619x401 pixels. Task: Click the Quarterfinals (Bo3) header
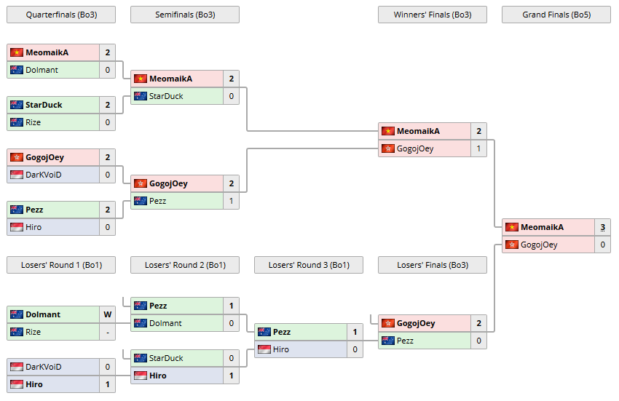(60, 15)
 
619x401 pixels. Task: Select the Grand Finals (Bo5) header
(556, 15)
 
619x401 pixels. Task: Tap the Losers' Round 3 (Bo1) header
(308, 265)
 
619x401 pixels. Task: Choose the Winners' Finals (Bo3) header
(432, 15)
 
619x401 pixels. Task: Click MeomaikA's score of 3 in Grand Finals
(602, 227)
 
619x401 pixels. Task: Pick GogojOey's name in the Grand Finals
(539, 245)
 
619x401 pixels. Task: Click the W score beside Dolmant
(107, 314)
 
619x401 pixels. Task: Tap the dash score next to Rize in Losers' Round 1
(107, 332)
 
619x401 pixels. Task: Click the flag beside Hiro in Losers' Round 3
(264, 349)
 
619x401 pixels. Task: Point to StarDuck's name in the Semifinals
(166, 96)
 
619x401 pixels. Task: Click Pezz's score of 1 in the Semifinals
(231, 201)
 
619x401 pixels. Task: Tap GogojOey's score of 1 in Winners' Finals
(478, 148)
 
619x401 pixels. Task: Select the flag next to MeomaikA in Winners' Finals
(387, 131)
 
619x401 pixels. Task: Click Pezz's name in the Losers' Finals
(405, 341)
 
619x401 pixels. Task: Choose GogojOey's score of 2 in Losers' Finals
(478, 323)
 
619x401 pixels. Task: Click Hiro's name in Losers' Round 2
(157, 376)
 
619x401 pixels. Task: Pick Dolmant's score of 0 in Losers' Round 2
(231, 323)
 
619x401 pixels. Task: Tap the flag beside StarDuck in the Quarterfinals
(16, 105)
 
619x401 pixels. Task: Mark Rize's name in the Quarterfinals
(33, 122)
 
